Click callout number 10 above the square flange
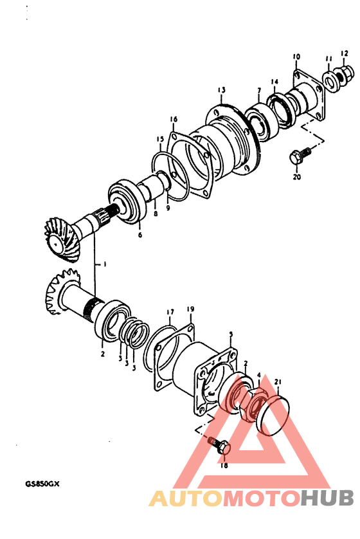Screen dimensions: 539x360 tap(296, 57)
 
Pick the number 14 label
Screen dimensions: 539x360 tap(274, 82)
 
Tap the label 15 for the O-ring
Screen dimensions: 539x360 tap(160, 139)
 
